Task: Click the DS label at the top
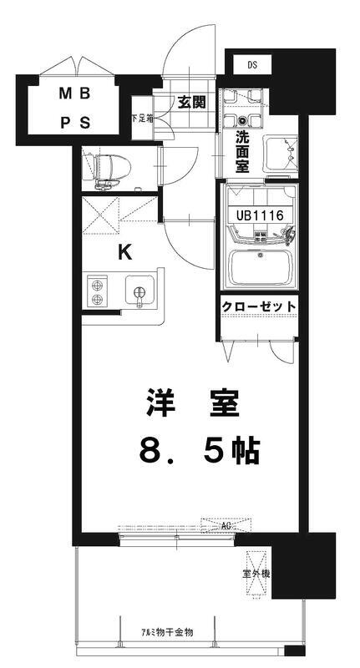tap(251, 63)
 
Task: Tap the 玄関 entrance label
tap(191, 103)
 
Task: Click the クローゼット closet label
tap(259, 306)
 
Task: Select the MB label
tap(74, 94)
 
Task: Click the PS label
tap(74, 123)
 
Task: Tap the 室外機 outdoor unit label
tap(256, 574)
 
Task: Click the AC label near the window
tap(226, 527)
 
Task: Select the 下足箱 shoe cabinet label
tap(142, 118)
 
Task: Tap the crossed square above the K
tap(119, 215)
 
